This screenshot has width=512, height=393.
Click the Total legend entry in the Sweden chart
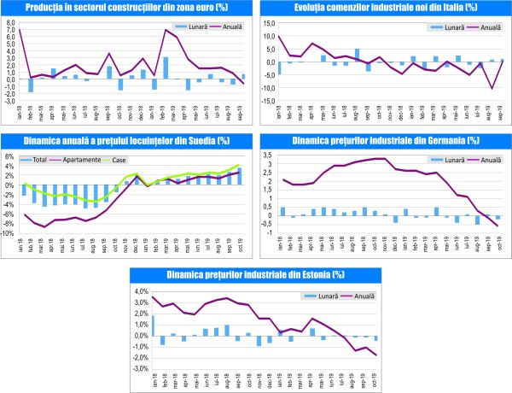[x=34, y=160]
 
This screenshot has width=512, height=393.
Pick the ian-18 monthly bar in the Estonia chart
[x=154, y=326]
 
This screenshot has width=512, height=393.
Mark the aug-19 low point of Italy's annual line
[x=492, y=87]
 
